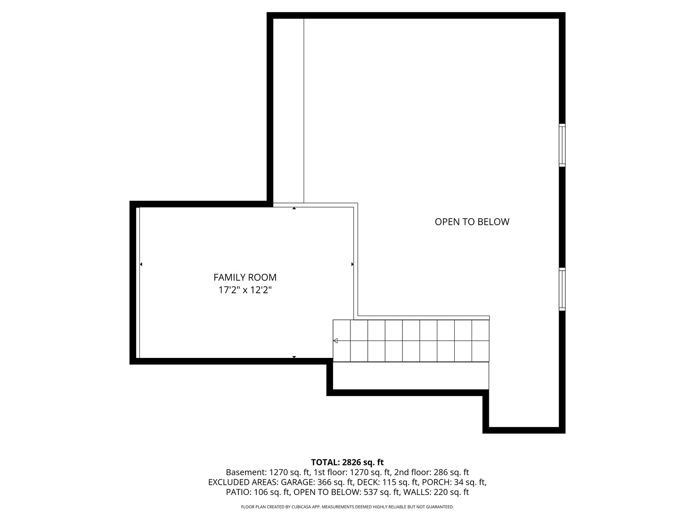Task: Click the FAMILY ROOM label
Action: tap(245, 277)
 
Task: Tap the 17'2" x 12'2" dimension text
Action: tap(245, 290)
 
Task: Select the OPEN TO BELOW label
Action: tap(472, 222)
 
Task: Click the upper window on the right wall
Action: tap(562, 145)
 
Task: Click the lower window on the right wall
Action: tap(562, 289)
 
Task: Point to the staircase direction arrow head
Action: tap(335, 341)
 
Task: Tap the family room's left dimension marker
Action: tap(141, 264)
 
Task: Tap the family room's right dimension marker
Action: tap(352, 264)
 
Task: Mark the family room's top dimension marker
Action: tap(294, 208)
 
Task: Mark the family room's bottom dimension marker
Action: tap(294, 357)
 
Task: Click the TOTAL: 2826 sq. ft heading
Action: tap(347, 462)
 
